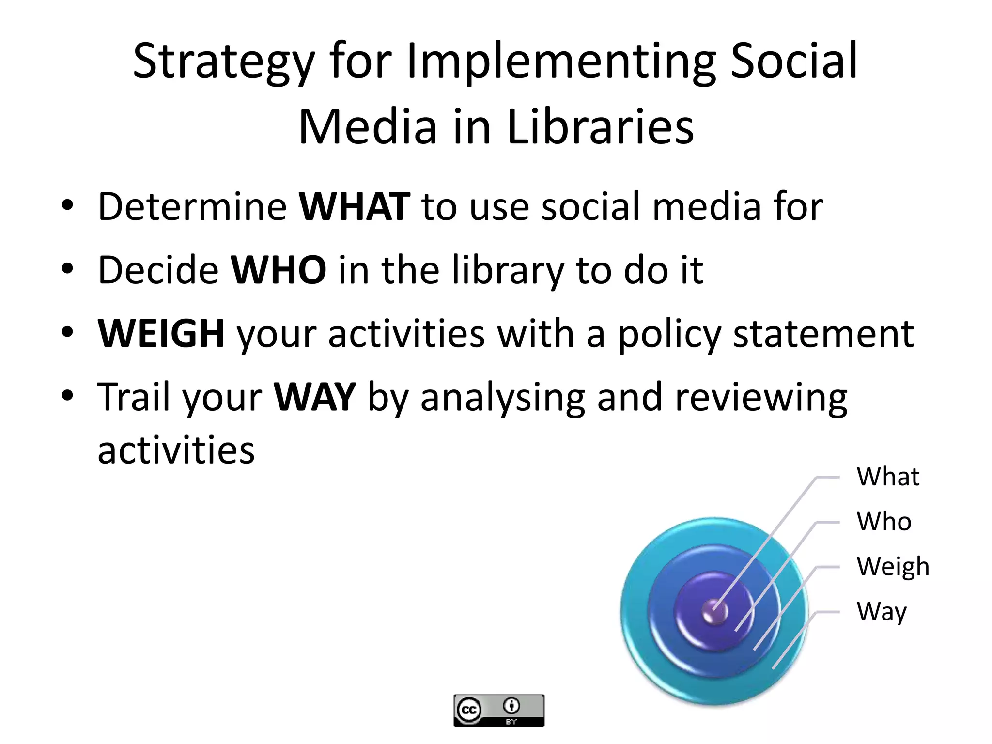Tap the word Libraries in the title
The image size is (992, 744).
tap(600, 127)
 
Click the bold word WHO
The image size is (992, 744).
tap(279, 270)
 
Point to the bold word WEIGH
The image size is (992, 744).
tap(161, 334)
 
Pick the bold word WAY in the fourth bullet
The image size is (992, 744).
tap(315, 397)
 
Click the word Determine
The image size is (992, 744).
tap(192, 207)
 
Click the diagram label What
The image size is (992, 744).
tap(887, 477)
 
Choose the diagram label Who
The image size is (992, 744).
tap(883, 522)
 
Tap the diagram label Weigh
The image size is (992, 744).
tap(892, 567)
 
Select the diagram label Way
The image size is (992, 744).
tap(881, 612)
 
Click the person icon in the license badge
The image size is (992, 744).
tap(511, 706)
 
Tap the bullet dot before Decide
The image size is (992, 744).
tap(67, 269)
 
